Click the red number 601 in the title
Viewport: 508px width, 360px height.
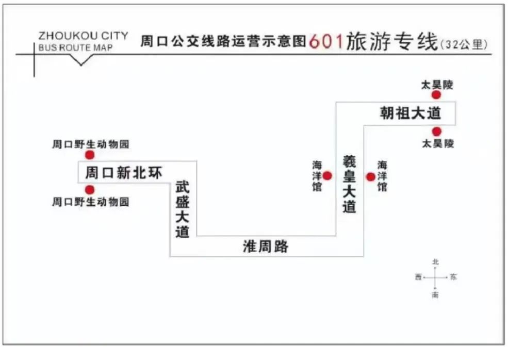[326, 41]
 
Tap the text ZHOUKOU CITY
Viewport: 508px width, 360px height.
[83, 36]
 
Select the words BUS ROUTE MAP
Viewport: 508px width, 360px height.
[75, 48]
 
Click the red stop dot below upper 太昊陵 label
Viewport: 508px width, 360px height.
[436, 95]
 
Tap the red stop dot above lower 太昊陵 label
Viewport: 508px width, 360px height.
[437, 132]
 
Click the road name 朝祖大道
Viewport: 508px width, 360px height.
[411, 113]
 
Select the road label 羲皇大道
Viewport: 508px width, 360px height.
[350, 184]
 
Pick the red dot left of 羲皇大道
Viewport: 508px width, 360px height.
[327, 176]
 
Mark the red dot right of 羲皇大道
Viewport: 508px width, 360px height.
[370, 177]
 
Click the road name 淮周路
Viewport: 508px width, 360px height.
[266, 247]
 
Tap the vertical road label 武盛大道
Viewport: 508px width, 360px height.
[183, 209]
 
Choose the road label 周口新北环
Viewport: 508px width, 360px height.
[123, 172]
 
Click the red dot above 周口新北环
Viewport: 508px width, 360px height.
[90, 155]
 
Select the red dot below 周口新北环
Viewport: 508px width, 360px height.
[90, 190]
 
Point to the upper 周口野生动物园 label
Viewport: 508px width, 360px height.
[90, 144]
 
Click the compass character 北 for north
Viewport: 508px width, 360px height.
[436, 262]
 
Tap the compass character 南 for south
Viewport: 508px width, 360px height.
[436, 296]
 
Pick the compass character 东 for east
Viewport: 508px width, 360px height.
[453, 277]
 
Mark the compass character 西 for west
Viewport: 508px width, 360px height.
[418, 277]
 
